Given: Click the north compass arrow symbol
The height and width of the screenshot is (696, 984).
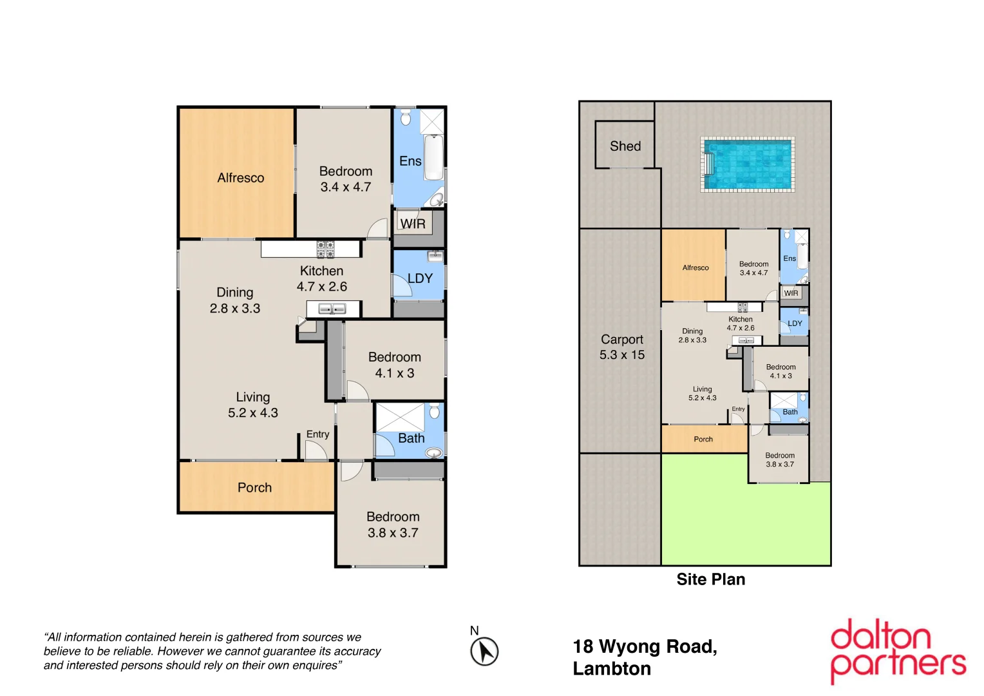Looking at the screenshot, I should pyautogui.click(x=484, y=651).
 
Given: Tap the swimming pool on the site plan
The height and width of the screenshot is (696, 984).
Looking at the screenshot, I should pyautogui.click(x=748, y=164).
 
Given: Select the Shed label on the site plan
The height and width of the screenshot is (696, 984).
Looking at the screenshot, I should pyautogui.click(x=625, y=146).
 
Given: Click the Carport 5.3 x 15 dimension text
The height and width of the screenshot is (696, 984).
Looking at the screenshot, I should pyautogui.click(x=621, y=355).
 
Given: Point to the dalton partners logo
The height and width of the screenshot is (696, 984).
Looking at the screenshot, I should pyautogui.click(x=898, y=651).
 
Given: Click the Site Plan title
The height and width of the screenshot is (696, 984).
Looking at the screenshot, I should pyautogui.click(x=710, y=579).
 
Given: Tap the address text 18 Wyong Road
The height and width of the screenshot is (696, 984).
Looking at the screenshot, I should pyautogui.click(x=645, y=646).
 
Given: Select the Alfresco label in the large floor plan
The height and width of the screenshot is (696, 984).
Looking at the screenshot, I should pyautogui.click(x=240, y=178).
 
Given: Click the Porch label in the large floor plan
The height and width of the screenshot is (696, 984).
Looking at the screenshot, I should pyautogui.click(x=254, y=488).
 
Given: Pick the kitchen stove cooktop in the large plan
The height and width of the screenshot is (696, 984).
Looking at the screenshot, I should pyautogui.click(x=325, y=249).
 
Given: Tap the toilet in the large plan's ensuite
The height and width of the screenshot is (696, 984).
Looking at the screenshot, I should pyautogui.click(x=406, y=118).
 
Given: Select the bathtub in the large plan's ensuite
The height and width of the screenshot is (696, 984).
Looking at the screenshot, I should pyautogui.click(x=433, y=157).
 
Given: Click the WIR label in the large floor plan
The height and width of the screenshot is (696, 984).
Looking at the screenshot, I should pyautogui.click(x=413, y=224).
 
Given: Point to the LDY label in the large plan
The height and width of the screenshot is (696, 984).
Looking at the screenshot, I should pyautogui.click(x=420, y=278).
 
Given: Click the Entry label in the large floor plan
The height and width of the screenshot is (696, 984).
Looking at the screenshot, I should pyautogui.click(x=317, y=434).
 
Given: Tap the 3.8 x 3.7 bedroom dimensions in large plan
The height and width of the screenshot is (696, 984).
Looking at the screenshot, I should pyautogui.click(x=393, y=533).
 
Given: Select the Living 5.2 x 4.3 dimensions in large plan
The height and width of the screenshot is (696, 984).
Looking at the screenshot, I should pyautogui.click(x=252, y=413).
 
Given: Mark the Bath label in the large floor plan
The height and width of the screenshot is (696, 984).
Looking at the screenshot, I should pyautogui.click(x=411, y=438).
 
